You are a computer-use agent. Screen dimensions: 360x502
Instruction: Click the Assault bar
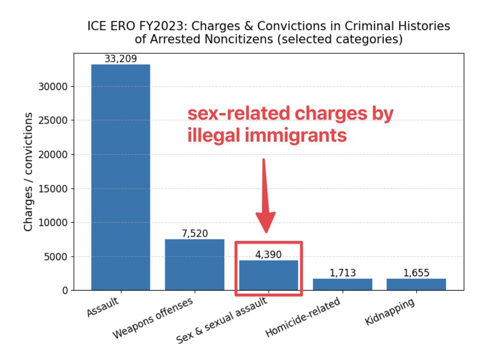click(x=121, y=177)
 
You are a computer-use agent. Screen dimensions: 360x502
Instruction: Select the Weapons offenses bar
click(x=194, y=264)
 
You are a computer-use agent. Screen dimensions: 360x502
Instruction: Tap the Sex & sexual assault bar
click(x=268, y=275)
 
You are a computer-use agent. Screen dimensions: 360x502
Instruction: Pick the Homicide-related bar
click(x=342, y=284)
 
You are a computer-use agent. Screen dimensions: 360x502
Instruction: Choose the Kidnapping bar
click(x=416, y=284)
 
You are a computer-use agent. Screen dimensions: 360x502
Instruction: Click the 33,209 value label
click(x=121, y=59)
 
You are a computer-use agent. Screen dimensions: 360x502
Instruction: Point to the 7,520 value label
click(x=194, y=234)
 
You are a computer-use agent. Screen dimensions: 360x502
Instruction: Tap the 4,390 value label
click(x=268, y=255)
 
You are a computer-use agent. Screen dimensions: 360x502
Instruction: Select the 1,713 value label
click(x=342, y=273)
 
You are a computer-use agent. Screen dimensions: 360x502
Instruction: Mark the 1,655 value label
click(x=416, y=273)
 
